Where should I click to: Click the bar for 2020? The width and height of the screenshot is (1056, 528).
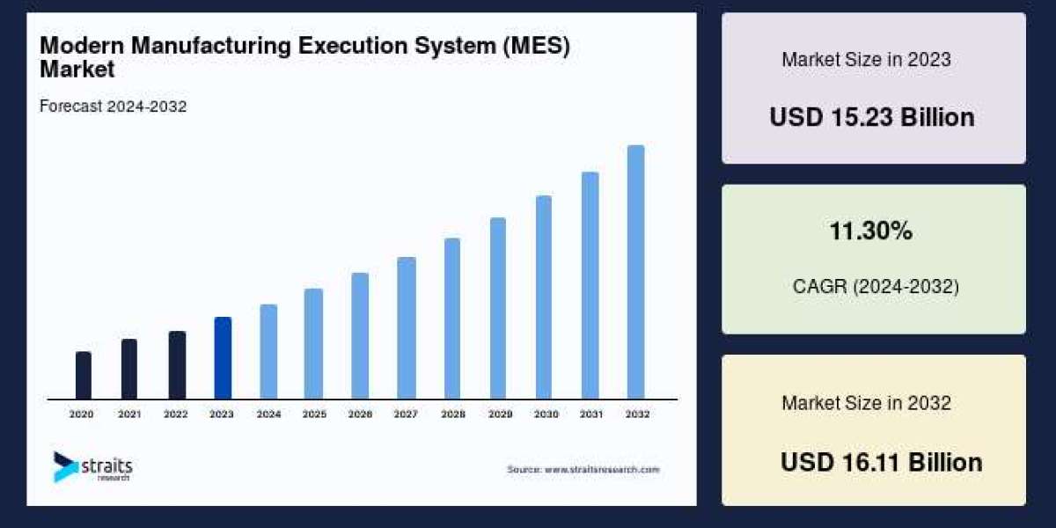pyautogui.click(x=84, y=376)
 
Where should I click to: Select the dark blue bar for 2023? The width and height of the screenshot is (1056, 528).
pyautogui.click(x=223, y=358)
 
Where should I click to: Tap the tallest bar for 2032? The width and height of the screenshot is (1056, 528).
pyautogui.click(x=635, y=272)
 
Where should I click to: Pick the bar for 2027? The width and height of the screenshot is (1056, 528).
pyautogui.click(x=406, y=328)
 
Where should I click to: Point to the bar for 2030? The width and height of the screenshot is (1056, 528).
pyautogui.click(x=544, y=297)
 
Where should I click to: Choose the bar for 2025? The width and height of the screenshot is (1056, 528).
pyautogui.click(x=313, y=344)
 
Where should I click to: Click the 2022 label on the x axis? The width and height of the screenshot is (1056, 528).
pyautogui.click(x=176, y=414)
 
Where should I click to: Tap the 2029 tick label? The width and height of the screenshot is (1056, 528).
pyautogui.click(x=497, y=414)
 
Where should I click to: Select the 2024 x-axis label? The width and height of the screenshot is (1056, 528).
pyautogui.click(x=268, y=414)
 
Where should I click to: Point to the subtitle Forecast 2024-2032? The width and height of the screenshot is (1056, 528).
pyautogui.click(x=113, y=106)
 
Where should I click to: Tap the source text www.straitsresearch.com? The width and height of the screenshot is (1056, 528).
pyautogui.click(x=583, y=470)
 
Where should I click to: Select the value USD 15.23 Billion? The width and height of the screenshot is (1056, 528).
pyautogui.click(x=872, y=117)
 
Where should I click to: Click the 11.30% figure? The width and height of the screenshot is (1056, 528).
pyautogui.click(x=870, y=231)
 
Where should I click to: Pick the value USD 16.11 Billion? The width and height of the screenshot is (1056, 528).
pyautogui.click(x=881, y=462)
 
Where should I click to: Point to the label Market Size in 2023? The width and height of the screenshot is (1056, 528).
pyautogui.click(x=866, y=60)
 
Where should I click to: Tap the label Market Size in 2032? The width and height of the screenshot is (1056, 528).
pyautogui.click(x=866, y=403)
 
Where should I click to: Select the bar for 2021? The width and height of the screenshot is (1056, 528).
pyautogui.click(x=129, y=369)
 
